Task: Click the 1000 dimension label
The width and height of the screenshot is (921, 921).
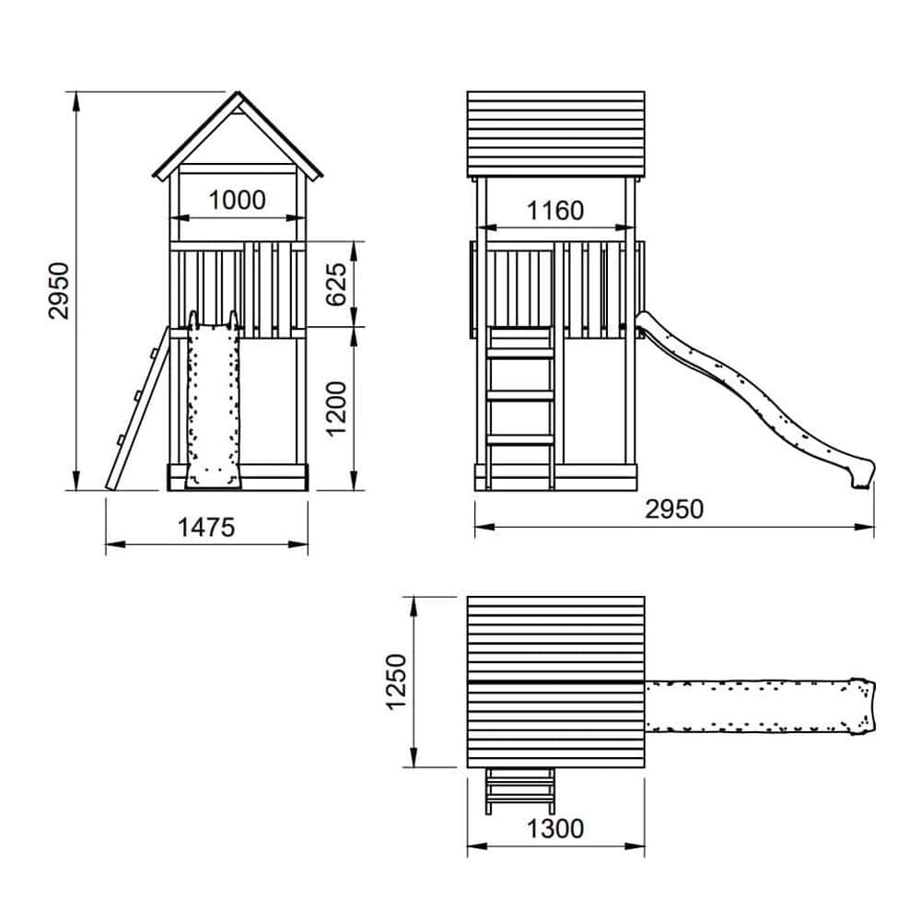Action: [x=238, y=200]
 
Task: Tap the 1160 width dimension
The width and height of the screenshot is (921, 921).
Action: [x=555, y=211]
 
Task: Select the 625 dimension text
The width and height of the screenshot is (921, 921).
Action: [x=336, y=285]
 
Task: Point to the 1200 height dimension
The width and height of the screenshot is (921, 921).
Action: [x=336, y=408]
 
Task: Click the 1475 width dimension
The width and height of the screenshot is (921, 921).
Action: [x=206, y=528]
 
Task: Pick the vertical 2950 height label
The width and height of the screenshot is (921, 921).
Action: [x=59, y=291]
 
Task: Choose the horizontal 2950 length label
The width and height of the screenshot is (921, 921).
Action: [x=674, y=509]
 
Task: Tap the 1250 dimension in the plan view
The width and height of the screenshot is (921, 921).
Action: [x=396, y=682]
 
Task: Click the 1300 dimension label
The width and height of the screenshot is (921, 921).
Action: [x=555, y=829]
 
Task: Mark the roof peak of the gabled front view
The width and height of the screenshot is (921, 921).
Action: [x=238, y=91]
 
